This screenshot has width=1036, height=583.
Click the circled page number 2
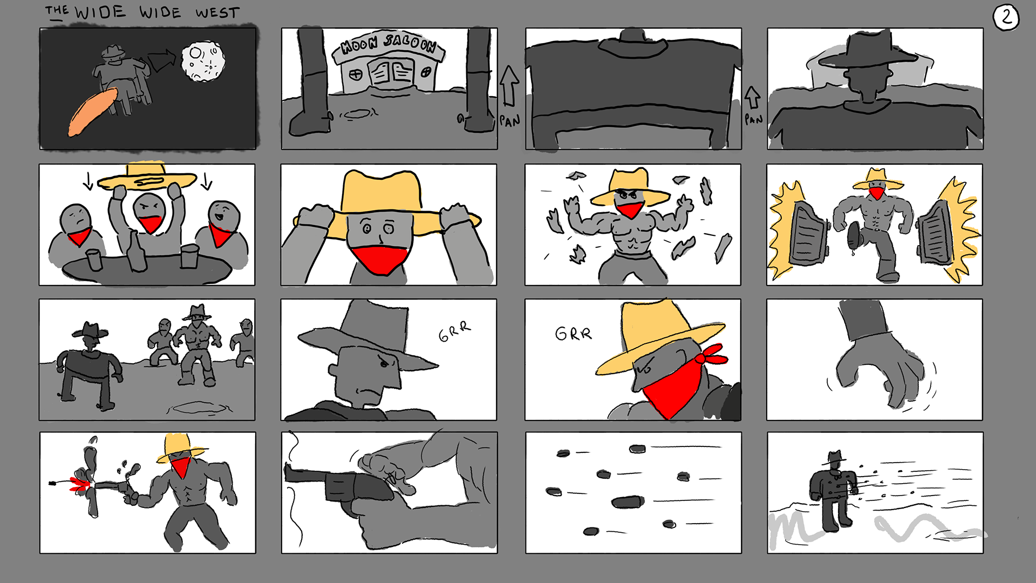(x=1006, y=18)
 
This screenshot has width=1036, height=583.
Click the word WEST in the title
(x=217, y=13)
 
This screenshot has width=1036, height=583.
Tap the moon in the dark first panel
(x=203, y=62)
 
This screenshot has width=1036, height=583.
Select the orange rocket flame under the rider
(x=92, y=112)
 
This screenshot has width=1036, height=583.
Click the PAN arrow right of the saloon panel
(x=509, y=86)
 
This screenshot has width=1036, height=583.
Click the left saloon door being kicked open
(x=808, y=234)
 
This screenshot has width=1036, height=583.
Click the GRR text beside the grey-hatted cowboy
(x=454, y=331)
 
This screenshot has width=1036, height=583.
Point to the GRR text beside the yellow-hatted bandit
(x=574, y=334)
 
